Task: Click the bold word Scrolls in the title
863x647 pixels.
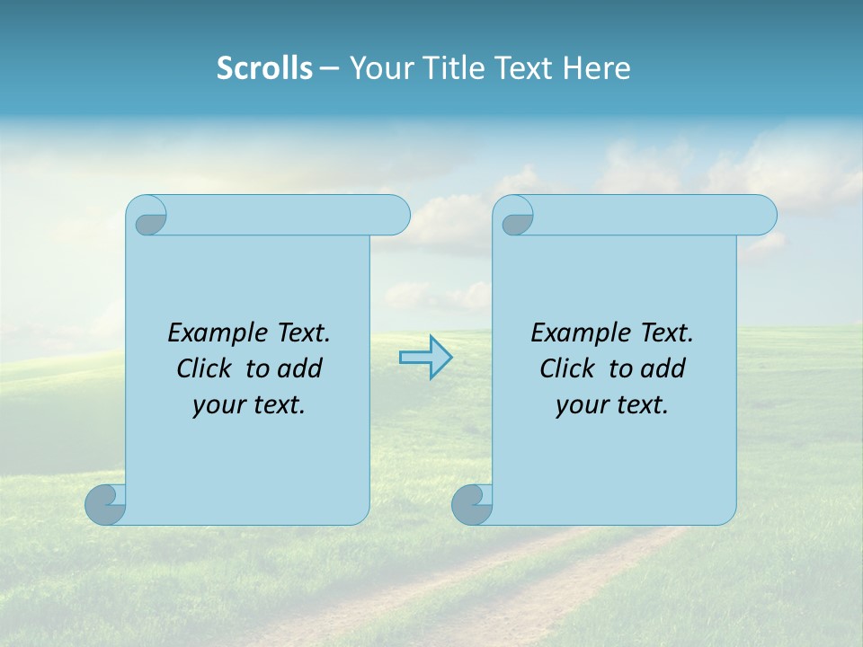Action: click(264, 68)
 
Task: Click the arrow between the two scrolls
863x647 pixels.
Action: click(426, 358)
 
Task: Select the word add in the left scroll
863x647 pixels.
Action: click(300, 369)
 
